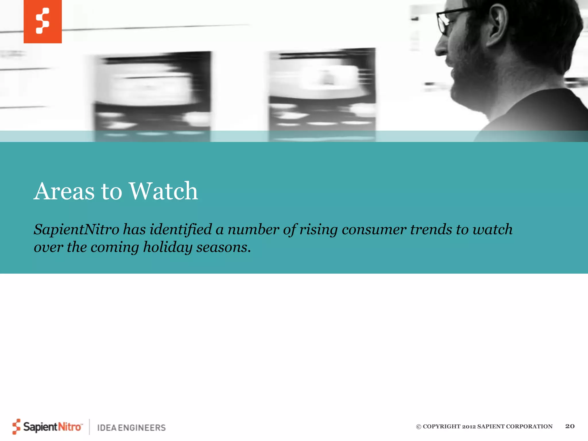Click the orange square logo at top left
(x=42, y=22)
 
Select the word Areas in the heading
(x=64, y=191)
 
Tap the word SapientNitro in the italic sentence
(x=76, y=230)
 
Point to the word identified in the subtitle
(x=181, y=230)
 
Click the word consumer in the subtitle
(x=374, y=230)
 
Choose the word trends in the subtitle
(x=431, y=230)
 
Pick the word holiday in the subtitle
(x=167, y=247)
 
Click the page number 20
(x=570, y=426)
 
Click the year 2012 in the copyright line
(x=469, y=427)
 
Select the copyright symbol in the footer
(x=419, y=427)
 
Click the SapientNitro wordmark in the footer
(x=52, y=427)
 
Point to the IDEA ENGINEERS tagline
(x=131, y=428)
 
